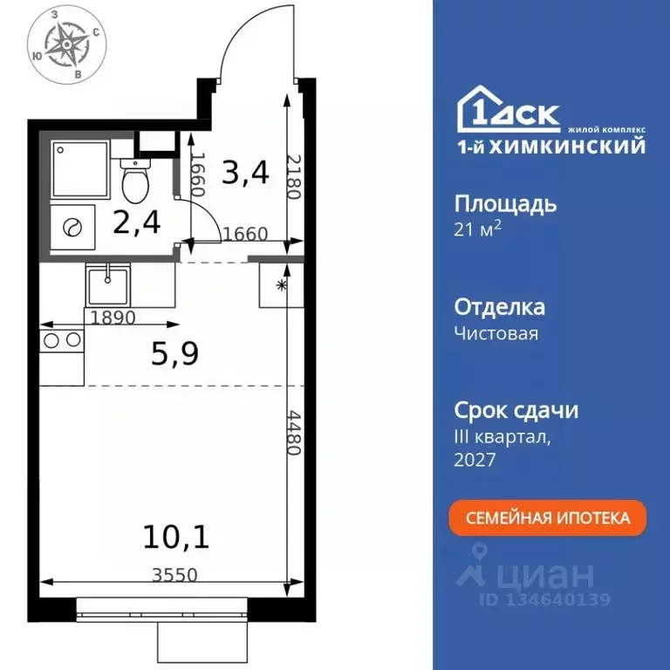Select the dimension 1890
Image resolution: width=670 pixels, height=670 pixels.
coord(112,318)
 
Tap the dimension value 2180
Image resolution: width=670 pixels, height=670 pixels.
coord(294,174)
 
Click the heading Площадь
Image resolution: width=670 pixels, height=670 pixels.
coord(505,205)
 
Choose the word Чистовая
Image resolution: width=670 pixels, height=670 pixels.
coord(496,333)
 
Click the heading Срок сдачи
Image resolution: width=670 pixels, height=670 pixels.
coord(516,410)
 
